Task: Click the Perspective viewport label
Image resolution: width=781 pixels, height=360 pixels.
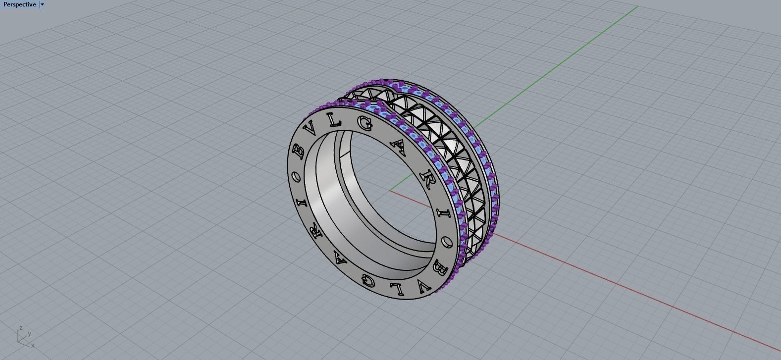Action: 19,4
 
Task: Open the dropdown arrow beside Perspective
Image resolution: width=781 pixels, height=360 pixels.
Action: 42,4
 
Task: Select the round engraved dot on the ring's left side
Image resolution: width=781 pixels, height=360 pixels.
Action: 296,176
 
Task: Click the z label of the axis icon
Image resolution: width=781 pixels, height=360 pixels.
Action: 20,328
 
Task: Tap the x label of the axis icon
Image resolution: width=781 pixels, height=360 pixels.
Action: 33,345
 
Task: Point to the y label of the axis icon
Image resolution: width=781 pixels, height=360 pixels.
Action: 30,334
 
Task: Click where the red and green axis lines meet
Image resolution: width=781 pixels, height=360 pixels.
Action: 390,190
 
